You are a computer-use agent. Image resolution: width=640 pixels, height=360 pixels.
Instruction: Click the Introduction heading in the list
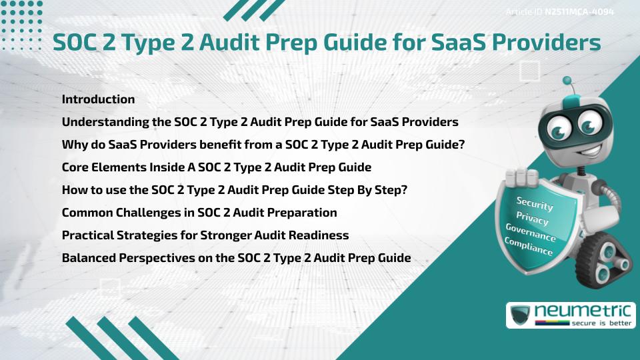[x=98, y=99]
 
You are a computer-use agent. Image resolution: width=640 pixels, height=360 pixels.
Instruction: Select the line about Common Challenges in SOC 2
[x=199, y=213]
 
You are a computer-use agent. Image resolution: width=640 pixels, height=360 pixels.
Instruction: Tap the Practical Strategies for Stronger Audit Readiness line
[x=205, y=235]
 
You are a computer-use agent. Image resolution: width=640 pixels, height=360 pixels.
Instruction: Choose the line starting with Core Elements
[x=216, y=167]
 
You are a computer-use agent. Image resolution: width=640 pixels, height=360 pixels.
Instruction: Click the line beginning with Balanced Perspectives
[x=236, y=258]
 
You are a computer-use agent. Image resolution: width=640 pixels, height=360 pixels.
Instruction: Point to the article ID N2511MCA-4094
[x=577, y=12]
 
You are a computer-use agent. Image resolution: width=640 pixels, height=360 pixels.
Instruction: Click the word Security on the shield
[x=535, y=203]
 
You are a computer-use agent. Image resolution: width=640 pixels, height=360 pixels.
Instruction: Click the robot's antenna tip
[x=568, y=81]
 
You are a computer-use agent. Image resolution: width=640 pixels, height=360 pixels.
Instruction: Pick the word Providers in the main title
[x=544, y=43]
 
